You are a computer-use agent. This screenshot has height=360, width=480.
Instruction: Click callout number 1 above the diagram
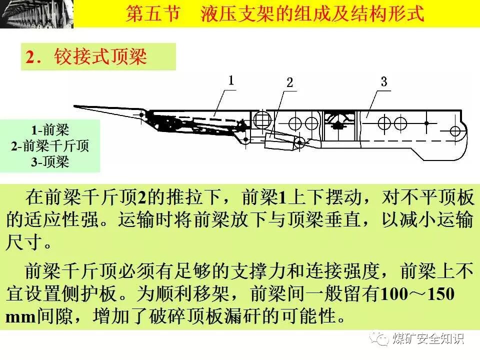(231, 79)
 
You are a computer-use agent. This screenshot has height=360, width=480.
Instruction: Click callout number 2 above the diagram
(289, 83)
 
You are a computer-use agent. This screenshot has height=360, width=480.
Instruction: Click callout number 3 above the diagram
(384, 81)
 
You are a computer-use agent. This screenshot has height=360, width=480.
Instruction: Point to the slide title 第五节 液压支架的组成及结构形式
(274, 13)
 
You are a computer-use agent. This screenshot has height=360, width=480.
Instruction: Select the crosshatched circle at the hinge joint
(261, 119)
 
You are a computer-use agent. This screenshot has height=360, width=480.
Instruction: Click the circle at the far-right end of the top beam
(454, 131)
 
